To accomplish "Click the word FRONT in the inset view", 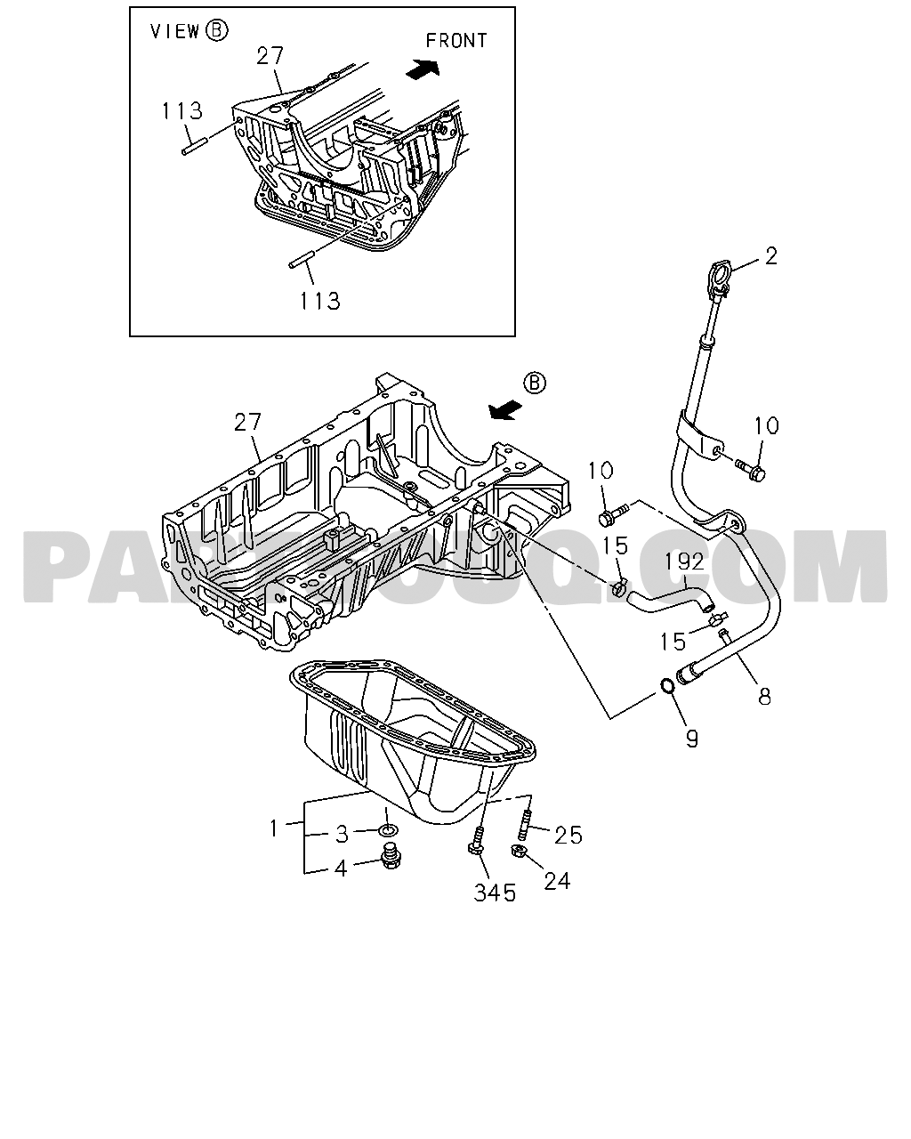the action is pos(456,41).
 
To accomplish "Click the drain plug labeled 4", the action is pos(391,856).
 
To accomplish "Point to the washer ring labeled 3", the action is pos(389,830).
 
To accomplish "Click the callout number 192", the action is pos(684,561).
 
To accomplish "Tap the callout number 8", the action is pos(764,697).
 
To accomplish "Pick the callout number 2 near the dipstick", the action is pos(771,256).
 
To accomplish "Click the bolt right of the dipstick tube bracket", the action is pos(751,469).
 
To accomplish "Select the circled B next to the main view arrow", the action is pos(535,383).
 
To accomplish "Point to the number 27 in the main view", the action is pos(247,422).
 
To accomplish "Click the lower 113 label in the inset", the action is pos(319,301).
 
